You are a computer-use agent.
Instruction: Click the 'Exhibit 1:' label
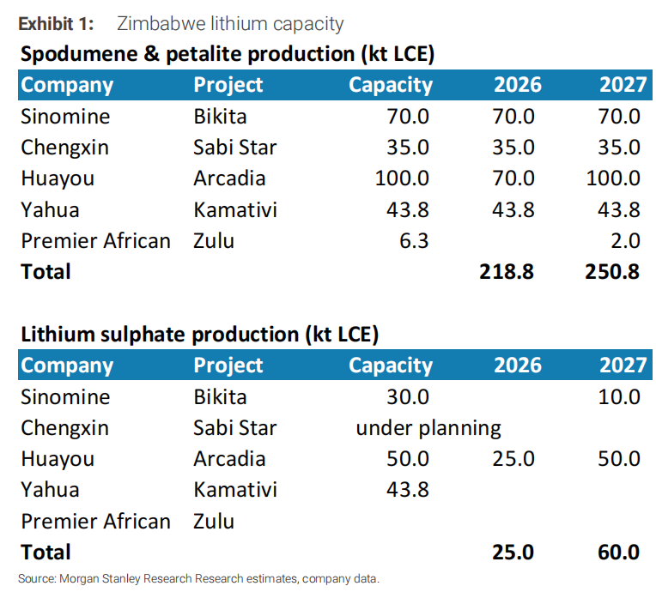tap(56, 23)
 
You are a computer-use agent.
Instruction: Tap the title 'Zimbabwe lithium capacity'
tap(229, 23)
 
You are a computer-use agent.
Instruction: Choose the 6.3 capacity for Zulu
tap(414, 241)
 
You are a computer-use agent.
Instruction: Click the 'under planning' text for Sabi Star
tap(428, 427)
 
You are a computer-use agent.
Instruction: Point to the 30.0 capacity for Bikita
tap(407, 396)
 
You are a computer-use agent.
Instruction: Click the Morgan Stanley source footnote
tap(198, 577)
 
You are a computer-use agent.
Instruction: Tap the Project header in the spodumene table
tap(228, 85)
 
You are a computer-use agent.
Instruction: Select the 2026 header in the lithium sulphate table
tap(517, 365)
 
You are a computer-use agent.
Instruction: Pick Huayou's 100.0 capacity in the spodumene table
tap(402, 178)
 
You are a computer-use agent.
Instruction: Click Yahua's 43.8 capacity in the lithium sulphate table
tap(407, 489)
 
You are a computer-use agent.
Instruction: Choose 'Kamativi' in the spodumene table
tap(235, 209)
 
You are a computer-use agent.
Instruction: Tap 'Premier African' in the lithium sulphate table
tap(95, 521)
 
